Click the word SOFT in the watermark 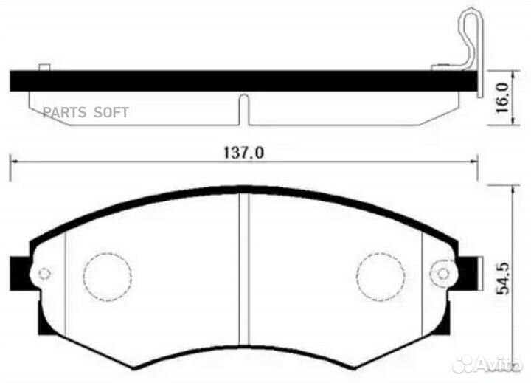click(x=111, y=112)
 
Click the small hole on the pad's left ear click(x=44, y=273)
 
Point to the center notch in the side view click(x=243, y=109)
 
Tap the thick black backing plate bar click(x=221, y=80)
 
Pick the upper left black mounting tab click(x=20, y=264)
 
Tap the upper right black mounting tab click(x=468, y=264)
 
